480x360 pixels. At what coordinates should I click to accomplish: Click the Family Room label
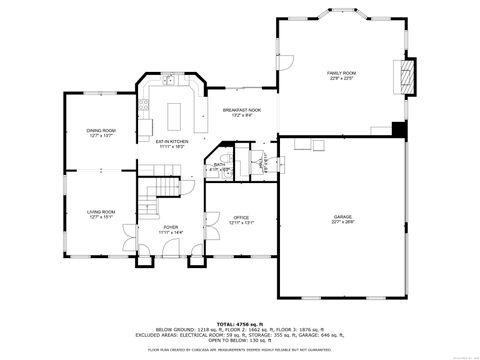tap(342, 73)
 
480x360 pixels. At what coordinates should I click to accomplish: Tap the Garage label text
tap(343, 216)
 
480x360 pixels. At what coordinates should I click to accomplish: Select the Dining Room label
tap(100, 130)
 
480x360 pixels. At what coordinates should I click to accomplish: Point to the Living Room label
tap(100, 211)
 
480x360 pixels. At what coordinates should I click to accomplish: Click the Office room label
tap(241, 216)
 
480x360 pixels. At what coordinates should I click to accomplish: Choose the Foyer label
tap(172, 227)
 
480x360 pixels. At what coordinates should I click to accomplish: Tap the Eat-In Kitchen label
tap(172, 141)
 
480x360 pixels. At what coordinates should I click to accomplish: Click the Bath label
tap(220, 165)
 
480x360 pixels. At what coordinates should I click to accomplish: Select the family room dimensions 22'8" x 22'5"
tap(342, 79)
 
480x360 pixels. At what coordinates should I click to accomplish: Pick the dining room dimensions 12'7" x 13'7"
tap(100, 136)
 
